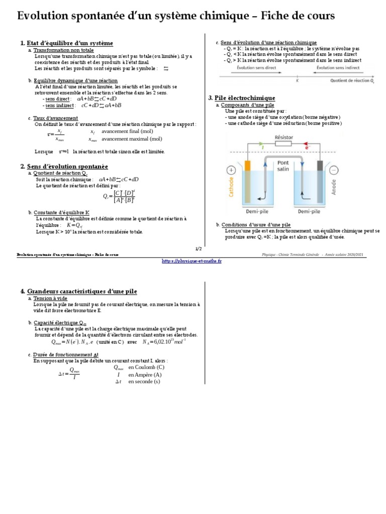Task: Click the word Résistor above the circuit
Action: tap(284, 137)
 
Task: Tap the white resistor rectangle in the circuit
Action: tap(284, 143)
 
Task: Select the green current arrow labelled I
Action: tap(262, 148)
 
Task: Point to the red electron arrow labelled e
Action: tap(306, 148)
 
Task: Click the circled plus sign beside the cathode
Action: tap(231, 170)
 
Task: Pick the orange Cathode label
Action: tap(232, 186)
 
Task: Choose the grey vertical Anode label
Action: tap(334, 187)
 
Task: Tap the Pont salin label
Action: tap(283, 166)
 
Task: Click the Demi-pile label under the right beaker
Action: tap(308, 212)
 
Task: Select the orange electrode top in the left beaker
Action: tap(247, 165)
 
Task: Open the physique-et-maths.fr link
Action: tap(192, 261)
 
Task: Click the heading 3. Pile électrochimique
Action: tap(241, 98)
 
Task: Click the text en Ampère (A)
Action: tap(145, 374)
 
